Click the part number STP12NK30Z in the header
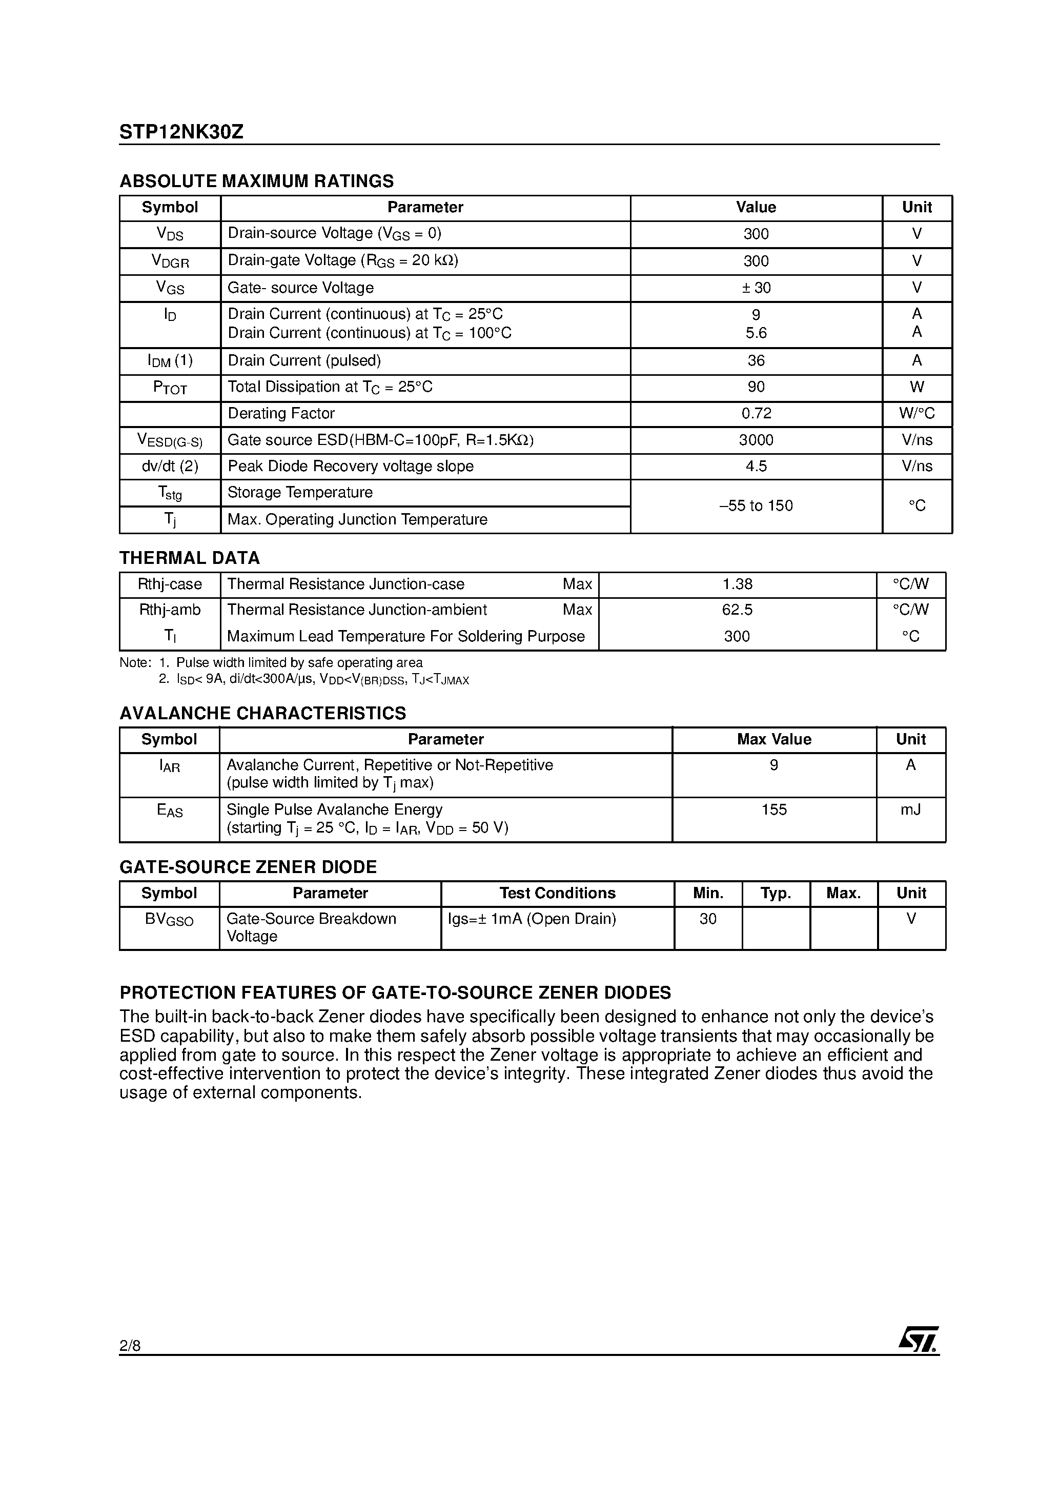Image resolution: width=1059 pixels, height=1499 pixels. pos(181,132)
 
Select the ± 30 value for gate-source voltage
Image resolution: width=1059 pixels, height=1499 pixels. pos(756,288)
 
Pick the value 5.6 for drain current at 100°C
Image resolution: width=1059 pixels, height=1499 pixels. pos(756,333)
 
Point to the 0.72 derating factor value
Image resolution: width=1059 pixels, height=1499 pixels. pos(756,413)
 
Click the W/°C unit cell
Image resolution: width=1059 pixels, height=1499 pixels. pos(917,413)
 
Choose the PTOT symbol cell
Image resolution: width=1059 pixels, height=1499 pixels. pos(170,388)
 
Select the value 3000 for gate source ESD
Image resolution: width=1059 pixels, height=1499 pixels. pos(756,440)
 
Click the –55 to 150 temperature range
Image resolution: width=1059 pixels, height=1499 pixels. pos(756,506)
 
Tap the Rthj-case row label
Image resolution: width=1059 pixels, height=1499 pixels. pos(170,584)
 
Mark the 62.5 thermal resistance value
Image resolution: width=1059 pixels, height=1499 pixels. pos(737,610)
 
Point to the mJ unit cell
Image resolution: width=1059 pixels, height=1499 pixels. pos(911,809)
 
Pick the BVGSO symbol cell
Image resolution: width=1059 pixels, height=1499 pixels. pos(169,920)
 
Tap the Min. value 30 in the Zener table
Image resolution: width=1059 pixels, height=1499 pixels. pos(708,919)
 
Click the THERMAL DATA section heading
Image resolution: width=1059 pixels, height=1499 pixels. pos(189,558)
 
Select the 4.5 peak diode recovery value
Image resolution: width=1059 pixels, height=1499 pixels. pos(756,466)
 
